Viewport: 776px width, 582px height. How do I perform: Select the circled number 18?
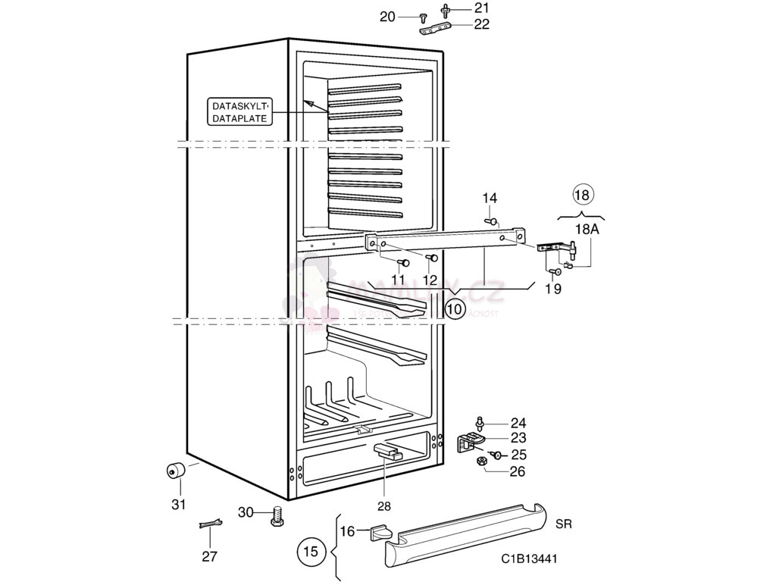click(581, 194)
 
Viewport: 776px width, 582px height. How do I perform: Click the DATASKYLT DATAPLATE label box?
click(239, 112)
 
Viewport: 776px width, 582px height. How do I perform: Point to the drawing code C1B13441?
click(529, 559)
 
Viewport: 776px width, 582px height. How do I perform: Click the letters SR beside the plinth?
click(564, 524)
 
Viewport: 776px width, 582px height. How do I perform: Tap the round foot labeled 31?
click(176, 471)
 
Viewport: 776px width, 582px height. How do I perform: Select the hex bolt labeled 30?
click(276, 518)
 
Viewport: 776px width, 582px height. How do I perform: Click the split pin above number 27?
click(211, 524)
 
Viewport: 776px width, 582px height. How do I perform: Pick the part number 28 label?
click(383, 505)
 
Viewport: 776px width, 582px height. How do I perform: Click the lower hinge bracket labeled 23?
click(471, 441)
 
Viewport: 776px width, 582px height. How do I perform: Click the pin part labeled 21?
click(445, 10)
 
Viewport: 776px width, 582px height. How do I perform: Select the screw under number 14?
click(493, 221)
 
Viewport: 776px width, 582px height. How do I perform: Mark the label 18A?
click(587, 228)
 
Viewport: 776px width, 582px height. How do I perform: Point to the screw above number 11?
click(404, 262)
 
